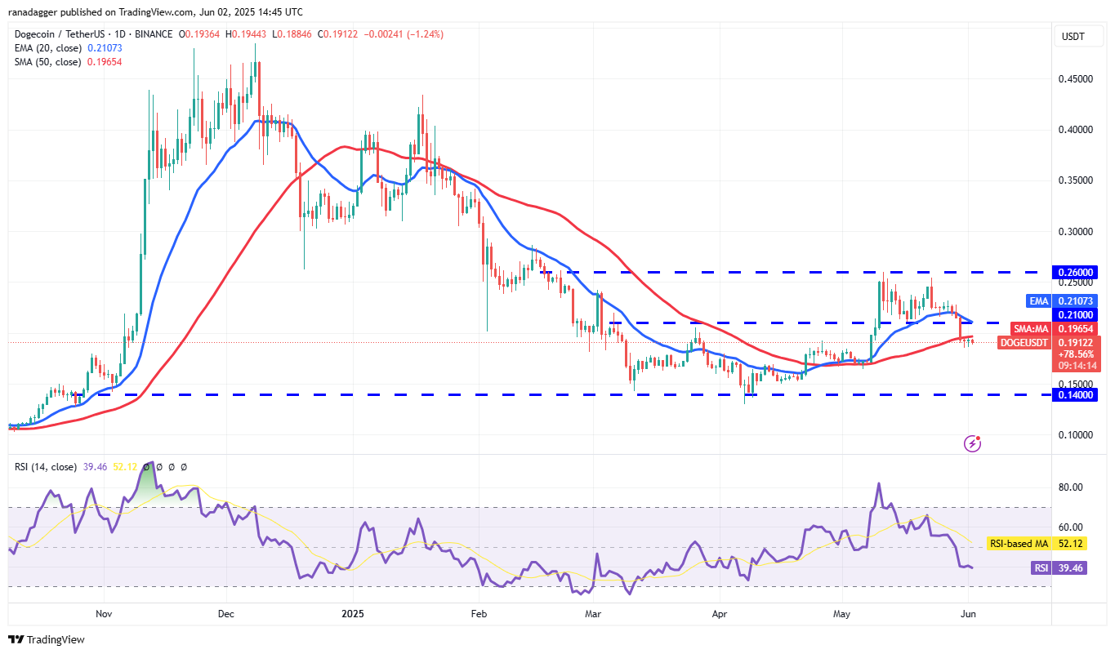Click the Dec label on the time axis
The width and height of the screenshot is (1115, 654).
[226, 612]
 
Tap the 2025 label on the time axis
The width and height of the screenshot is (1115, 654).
[352, 612]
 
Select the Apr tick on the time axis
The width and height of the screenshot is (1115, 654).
[720, 612]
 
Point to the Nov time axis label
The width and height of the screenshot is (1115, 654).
[103, 612]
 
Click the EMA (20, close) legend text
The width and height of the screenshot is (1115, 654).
[47, 48]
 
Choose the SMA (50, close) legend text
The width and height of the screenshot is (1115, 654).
[47, 62]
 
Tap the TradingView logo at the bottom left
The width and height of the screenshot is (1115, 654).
[47, 639]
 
